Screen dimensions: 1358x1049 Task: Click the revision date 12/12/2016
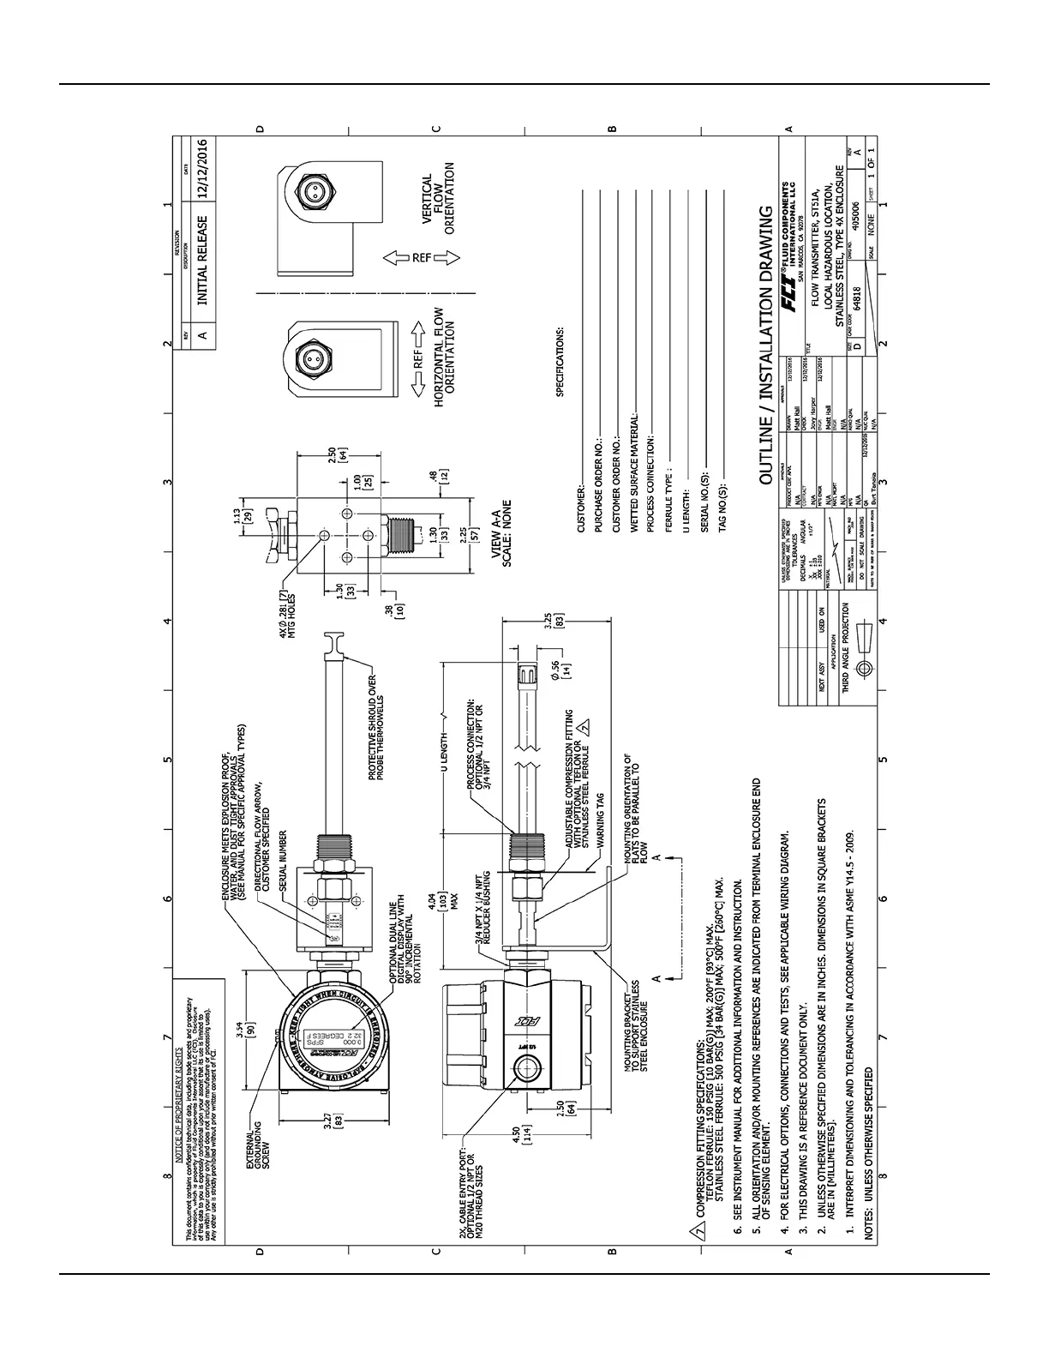click(202, 169)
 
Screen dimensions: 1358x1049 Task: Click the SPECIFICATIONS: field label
click(560, 362)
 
